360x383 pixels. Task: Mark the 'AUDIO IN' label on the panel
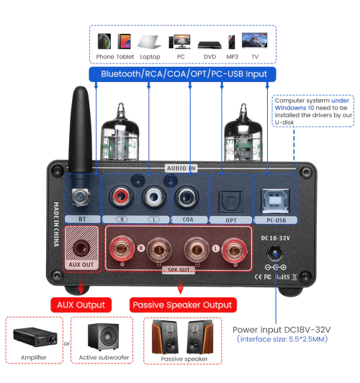180,168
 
